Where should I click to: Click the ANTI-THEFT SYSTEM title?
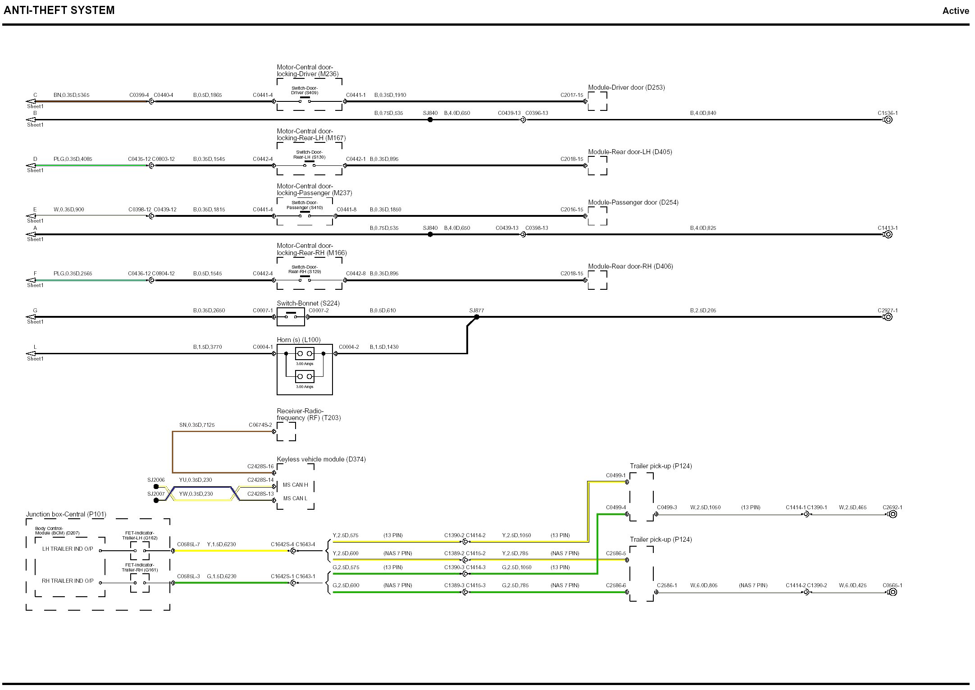tap(59, 10)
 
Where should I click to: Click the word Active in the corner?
tap(956, 11)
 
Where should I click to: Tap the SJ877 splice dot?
tap(477, 317)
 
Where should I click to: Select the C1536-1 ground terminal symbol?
tap(888, 120)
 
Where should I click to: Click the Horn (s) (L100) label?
tap(299, 340)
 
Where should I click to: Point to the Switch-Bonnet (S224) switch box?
tap(291, 317)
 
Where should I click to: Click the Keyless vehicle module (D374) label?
tap(321, 459)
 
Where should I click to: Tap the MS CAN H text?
tap(296, 485)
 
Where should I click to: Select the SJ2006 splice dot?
tap(156, 487)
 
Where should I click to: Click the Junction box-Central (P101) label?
tap(66, 514)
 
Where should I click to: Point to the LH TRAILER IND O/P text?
tap(68, 549)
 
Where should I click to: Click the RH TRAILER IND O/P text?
tap(68, 581)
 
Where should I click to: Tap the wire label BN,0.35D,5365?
tap(71, 95)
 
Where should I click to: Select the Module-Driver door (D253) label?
tap(626, 87)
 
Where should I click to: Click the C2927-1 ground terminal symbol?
tap(888, 317)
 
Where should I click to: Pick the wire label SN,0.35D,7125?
tap(197, 425)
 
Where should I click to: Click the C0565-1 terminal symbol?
tap(892, 592)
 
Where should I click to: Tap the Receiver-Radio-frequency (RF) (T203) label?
tap(309, 415)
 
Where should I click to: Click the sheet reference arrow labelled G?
tap(31, 317)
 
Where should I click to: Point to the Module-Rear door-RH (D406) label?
tap(630, 266)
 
